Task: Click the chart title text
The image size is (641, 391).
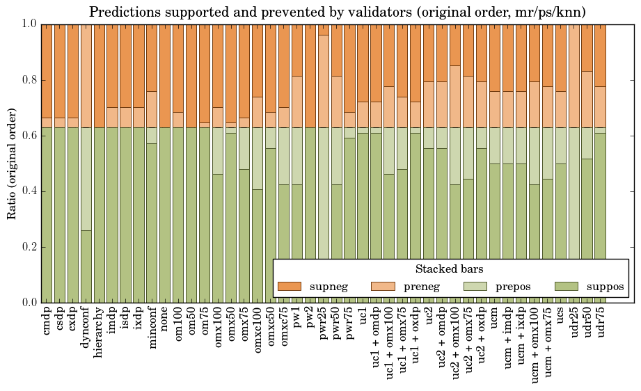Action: [337, 12]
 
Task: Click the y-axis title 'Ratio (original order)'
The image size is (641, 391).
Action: [12, 163]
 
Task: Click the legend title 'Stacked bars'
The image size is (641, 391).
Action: [449, 269]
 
